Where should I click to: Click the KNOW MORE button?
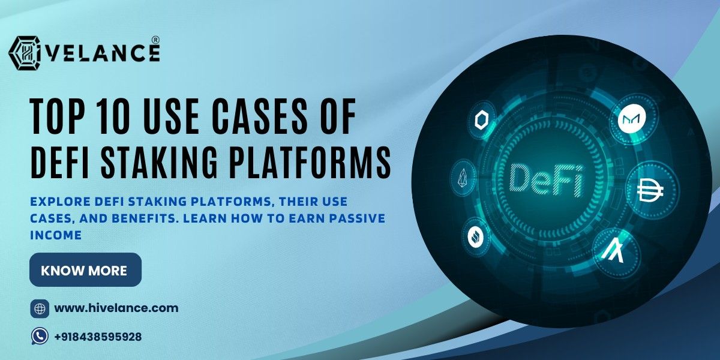pos(85,270)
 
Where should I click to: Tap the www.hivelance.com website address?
pos(116,308)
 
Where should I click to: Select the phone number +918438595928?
pos(98,337)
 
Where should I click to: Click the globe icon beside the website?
pos(40,309)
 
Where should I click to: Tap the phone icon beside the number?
pos(40,337)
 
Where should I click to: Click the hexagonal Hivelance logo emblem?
pos(25,53)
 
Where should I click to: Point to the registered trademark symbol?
pos(155,40)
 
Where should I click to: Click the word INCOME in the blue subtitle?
pos(55,236)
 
